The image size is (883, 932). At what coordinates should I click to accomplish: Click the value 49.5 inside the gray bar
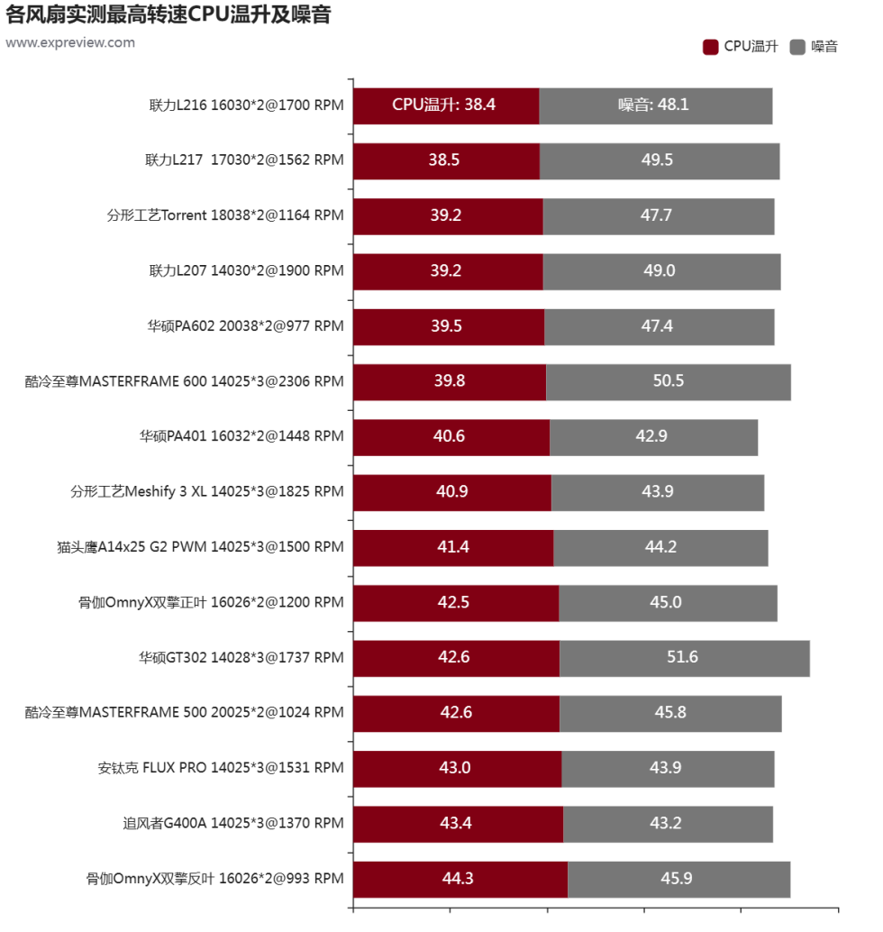657,160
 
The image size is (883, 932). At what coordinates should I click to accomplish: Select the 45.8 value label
670,713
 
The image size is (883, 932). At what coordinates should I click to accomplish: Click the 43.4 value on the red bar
456,824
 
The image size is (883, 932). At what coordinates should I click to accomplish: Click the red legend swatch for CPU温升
710,47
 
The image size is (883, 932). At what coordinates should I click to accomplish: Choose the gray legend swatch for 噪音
797,47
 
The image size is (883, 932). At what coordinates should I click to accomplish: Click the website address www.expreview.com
70,42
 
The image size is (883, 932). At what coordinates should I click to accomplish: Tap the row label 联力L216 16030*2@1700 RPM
246,105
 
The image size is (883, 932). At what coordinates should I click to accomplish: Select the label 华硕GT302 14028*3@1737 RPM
241,658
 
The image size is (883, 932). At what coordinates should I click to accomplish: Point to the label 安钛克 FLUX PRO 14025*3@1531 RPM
221,769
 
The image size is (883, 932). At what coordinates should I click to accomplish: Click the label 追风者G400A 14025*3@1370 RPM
233,824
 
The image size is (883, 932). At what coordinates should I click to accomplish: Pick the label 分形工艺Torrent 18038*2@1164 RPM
225,216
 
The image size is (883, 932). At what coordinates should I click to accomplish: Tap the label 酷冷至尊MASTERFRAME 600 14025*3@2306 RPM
185,382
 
